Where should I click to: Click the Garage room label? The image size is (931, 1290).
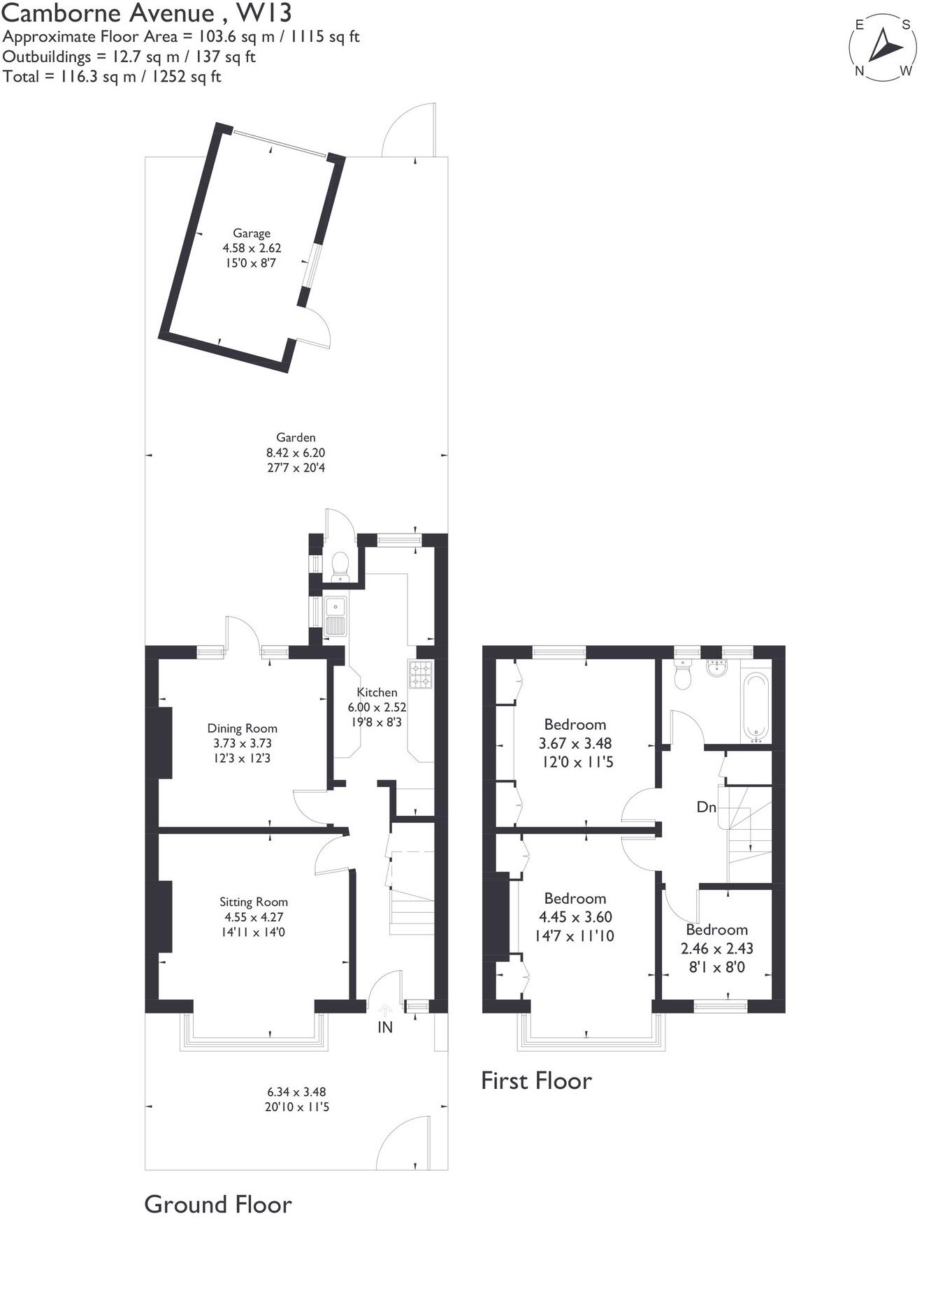coord(252,233)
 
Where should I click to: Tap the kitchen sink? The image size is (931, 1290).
coord(335,616)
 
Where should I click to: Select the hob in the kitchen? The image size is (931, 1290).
coord(421,674)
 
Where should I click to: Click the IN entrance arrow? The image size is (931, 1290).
coord(385,1011)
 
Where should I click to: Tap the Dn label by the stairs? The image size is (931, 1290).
coord(707,807)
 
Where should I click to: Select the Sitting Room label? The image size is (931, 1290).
coord(254,902)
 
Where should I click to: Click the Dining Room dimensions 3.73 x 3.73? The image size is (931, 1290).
coord(243,743)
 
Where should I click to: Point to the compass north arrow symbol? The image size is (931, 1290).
coord(884,47)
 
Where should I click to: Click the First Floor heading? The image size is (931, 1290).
coord(536,1080)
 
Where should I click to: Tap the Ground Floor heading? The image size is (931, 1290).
coord(217,1204)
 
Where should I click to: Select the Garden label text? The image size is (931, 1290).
coord(296,437)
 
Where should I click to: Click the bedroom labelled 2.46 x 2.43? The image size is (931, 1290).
coord(716,948)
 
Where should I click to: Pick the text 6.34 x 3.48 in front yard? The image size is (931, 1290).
coord(296,1092)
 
